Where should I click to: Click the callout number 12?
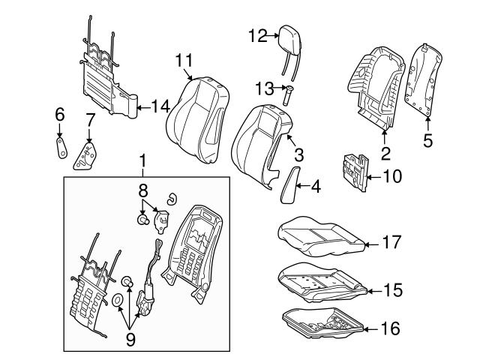click(x=257, y=35)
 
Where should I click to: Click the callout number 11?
click(x=185, y=60)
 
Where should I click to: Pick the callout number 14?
click(x=160, y=106)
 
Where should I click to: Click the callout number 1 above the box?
click(x=142, y=160)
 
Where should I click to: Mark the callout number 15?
click(x=392, y=289)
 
